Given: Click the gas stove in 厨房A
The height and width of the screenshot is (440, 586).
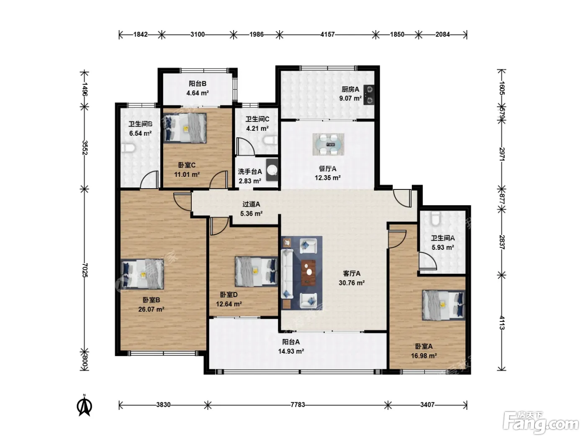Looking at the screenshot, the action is [369, 94].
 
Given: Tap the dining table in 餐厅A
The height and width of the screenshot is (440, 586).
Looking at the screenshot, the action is [328, 145].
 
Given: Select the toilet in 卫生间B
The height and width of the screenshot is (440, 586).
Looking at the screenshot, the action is [129, 148].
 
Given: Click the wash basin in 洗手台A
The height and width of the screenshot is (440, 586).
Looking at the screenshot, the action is [272, 170].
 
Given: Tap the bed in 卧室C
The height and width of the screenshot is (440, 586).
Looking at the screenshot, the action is [185, 128].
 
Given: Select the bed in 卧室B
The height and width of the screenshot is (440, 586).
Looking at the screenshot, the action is [142, 274].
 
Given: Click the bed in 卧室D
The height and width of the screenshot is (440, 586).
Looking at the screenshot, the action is [256, 272].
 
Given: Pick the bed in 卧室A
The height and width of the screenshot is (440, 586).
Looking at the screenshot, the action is [443, 305].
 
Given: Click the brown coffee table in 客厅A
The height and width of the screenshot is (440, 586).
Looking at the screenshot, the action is [308, 272].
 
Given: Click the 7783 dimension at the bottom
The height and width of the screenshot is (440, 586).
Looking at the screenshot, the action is [298, 405].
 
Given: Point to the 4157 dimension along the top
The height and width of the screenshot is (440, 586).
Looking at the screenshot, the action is [328, 34].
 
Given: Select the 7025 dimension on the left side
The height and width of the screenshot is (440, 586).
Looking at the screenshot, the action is [85, 270].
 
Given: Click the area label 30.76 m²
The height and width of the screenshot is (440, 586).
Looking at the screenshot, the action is [352, 282].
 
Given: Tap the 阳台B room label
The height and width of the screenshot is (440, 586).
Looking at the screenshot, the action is [198, 84].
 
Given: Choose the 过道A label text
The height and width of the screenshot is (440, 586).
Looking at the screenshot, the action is [251, 204].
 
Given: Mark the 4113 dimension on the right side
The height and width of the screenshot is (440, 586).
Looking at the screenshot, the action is [502, 323].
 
